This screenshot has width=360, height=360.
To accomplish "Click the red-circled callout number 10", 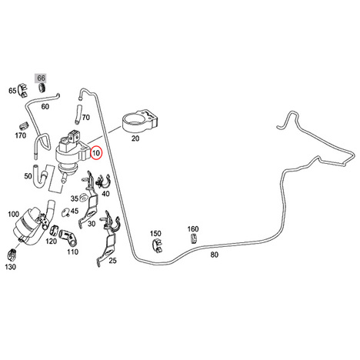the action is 96,153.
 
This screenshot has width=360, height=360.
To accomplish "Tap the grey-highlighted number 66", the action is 41,78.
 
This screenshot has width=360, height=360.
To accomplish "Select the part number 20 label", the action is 135,138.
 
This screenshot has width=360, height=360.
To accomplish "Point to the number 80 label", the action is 215,255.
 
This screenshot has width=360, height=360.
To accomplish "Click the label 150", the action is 155,234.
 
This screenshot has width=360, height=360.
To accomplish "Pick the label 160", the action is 193,228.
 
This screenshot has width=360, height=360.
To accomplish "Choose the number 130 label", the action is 10,267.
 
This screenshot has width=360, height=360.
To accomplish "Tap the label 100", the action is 14,214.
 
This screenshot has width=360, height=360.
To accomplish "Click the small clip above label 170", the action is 23,126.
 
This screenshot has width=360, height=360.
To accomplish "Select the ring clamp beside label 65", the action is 23,90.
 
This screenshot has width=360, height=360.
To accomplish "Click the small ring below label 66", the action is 42,88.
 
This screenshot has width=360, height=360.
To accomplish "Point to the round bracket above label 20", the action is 140,121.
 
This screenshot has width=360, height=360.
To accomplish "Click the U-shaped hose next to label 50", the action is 41,177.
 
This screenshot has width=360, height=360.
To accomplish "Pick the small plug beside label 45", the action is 66,212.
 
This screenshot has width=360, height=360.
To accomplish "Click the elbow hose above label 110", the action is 68,237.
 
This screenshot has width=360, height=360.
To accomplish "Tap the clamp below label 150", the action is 157,245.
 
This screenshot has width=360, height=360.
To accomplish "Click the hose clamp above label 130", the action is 12,255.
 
